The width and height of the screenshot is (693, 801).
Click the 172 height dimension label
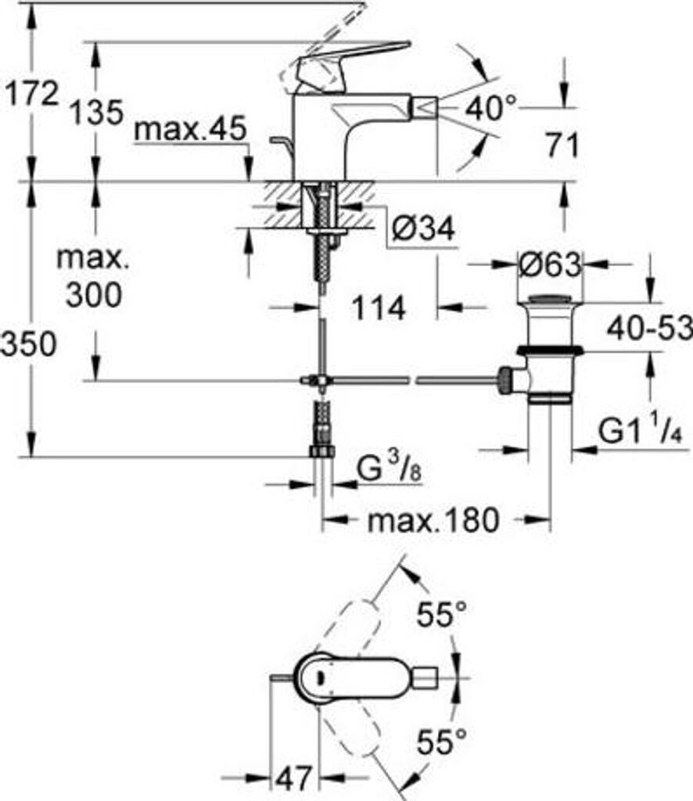pos(31,95)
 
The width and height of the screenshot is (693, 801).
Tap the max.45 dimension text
pos(189,130)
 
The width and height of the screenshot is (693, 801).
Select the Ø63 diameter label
pos(550,266)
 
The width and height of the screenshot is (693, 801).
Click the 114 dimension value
pos(379,307)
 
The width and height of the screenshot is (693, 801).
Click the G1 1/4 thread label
pos(641,431)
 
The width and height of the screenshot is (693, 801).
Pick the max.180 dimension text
pos(433,519)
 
